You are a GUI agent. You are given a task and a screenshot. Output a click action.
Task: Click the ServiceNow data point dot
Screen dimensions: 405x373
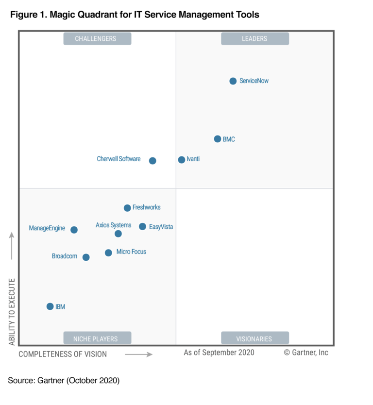click(x=233, y=81)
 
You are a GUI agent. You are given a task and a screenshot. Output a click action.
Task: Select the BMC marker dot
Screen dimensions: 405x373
click(x=218, y=139)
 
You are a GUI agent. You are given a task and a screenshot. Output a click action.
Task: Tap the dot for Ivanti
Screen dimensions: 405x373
click(x=182, y=160)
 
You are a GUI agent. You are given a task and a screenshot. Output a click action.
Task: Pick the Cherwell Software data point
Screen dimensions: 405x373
click(x=153, y=161)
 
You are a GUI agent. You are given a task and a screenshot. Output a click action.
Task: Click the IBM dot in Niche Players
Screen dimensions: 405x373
click(x=50, y=306)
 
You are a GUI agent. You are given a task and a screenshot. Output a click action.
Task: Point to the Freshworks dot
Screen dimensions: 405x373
click(x=127, y=208)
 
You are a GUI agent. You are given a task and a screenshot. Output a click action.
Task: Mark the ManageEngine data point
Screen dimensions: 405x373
click(x=74, y=230)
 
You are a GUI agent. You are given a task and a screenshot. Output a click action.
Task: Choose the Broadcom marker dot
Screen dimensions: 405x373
click(x=86, y=257)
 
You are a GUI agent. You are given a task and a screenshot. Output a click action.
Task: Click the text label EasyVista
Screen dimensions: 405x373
click(x=161, y=227)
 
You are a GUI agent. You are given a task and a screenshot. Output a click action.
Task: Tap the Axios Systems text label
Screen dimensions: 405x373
click(x=113, y=225)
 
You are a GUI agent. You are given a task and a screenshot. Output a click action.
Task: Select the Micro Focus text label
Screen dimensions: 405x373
click(x=131, y=252)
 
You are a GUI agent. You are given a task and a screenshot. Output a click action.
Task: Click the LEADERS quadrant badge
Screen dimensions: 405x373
click(x=254, y=39)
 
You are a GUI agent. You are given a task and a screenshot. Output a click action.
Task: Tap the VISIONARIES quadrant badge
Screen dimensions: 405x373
click(x=254, y=338)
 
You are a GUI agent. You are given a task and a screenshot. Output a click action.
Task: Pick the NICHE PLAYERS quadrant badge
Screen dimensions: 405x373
click(x=97, y=338)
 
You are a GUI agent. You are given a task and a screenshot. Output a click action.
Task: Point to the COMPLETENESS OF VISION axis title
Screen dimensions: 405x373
click(x=63, y=354)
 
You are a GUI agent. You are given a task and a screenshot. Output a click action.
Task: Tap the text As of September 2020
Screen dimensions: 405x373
click(x=219, y=353)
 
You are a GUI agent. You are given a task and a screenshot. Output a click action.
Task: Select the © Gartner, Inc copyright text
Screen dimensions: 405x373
click(x=306, y=353)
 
